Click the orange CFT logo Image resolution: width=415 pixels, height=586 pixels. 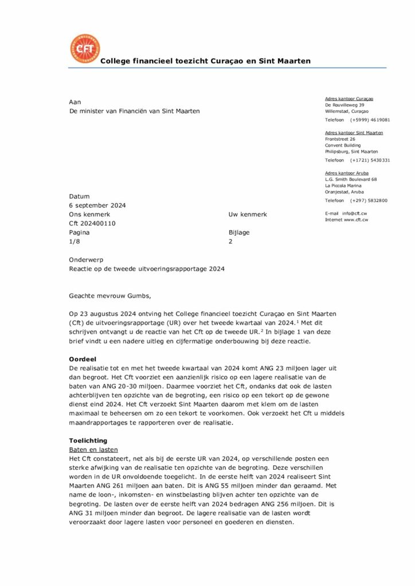84,49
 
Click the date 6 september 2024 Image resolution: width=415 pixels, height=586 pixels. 97,205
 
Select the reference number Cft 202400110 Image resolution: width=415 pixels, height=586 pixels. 92,223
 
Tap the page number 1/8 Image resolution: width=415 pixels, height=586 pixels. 75,241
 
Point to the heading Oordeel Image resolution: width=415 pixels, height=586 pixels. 82,358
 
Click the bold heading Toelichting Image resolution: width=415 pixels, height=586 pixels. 88,441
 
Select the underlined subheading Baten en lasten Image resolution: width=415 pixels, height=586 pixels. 93,450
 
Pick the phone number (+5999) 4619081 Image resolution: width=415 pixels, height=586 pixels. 370,120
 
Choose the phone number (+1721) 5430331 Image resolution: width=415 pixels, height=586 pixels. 370,160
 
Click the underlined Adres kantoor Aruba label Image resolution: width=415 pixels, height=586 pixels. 347,173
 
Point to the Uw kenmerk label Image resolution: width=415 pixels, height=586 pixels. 248,215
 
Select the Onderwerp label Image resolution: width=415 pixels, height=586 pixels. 86,259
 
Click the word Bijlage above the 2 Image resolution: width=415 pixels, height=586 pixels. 239,232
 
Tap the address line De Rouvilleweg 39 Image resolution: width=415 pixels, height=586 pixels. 344,105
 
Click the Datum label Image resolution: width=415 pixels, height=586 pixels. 79,196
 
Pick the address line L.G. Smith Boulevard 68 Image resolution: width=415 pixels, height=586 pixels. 351,179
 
